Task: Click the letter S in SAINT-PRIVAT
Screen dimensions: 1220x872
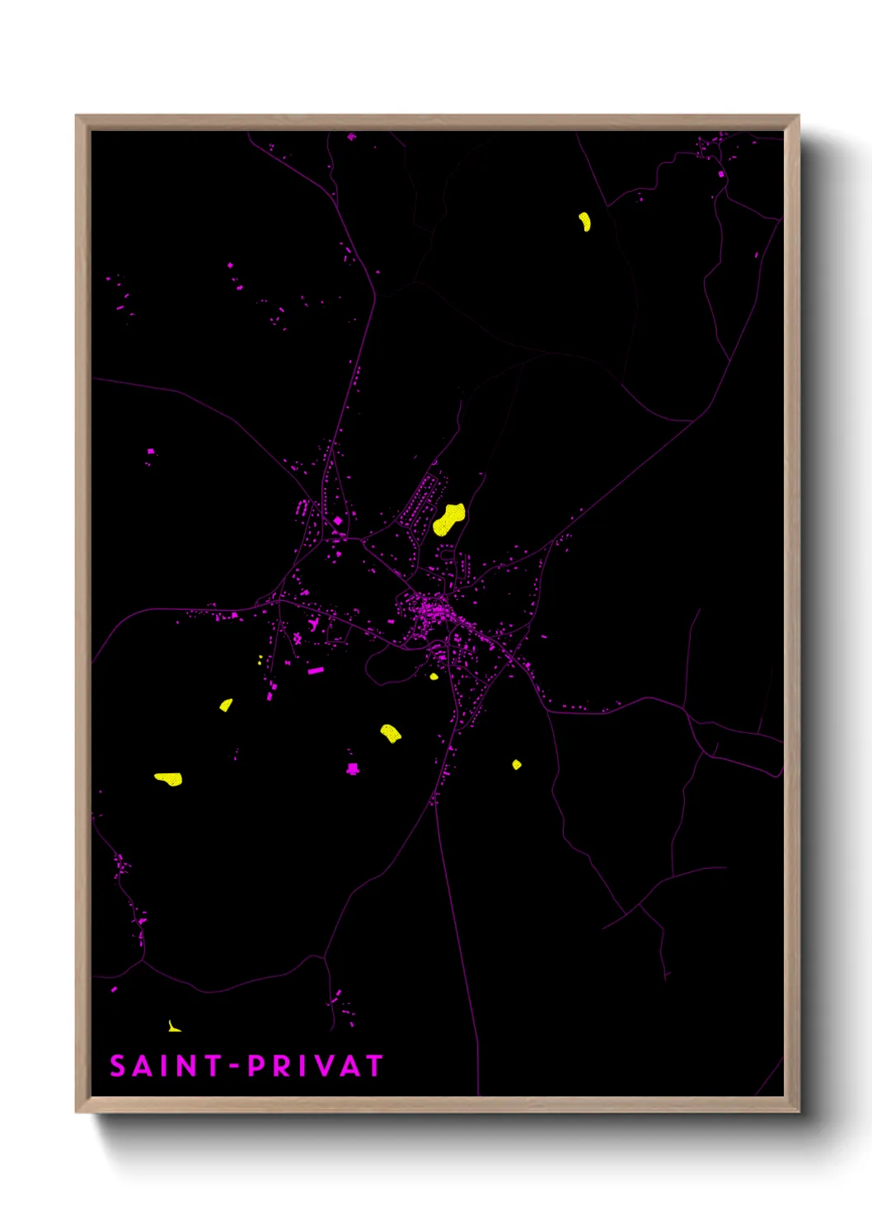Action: click(118, 1066)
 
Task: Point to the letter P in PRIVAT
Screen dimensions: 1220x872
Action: click(257, 1066)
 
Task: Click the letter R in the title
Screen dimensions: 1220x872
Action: click(283, 1066)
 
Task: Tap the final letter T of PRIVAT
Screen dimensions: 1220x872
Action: click(375, 1066)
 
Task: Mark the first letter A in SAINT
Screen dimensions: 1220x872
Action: click(141, 1066)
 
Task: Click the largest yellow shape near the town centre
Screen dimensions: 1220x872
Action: click(448, 519)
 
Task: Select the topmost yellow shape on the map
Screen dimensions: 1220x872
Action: click(584, 221)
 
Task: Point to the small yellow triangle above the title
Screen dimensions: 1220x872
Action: click(173, 1026)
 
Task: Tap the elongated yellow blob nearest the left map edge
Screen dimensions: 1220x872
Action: click(168, 778)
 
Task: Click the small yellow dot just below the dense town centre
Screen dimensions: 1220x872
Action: click(434, 677)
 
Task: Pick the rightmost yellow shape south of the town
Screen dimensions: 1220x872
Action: click(516, 765)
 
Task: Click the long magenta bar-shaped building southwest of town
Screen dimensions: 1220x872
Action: click(316, 671)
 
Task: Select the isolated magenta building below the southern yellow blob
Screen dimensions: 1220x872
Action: click(353, 768)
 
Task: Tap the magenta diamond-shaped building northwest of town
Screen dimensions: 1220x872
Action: click(337, 520)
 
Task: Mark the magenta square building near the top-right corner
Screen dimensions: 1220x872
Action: click(721, 174)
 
